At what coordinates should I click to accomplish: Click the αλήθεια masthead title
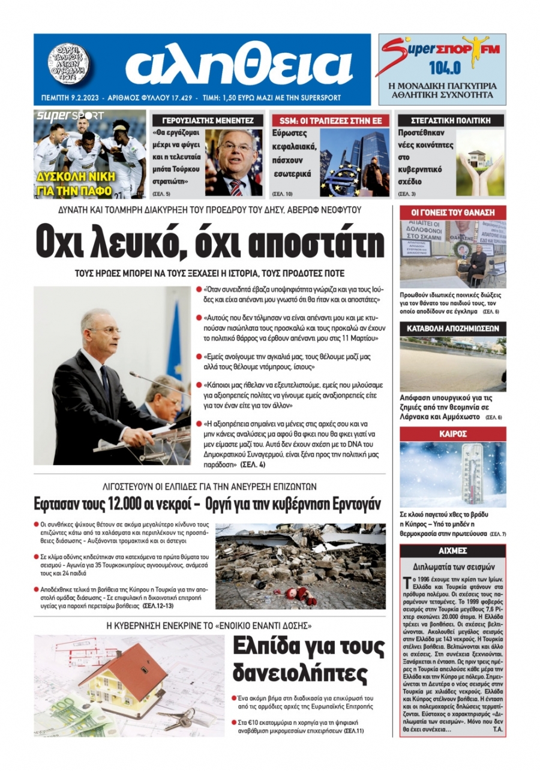239,64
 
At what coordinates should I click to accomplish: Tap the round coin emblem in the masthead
68,64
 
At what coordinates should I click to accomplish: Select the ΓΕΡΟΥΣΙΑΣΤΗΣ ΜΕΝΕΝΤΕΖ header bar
208,120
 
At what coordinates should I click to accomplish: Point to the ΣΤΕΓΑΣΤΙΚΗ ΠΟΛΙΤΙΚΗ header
443,120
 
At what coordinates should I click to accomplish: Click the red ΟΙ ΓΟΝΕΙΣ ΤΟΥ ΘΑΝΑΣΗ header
452,212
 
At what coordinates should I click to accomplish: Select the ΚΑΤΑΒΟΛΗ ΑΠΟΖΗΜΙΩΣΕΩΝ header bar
452,329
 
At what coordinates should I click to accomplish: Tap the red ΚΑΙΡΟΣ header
452,433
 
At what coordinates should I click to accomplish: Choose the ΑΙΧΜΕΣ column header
452,550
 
